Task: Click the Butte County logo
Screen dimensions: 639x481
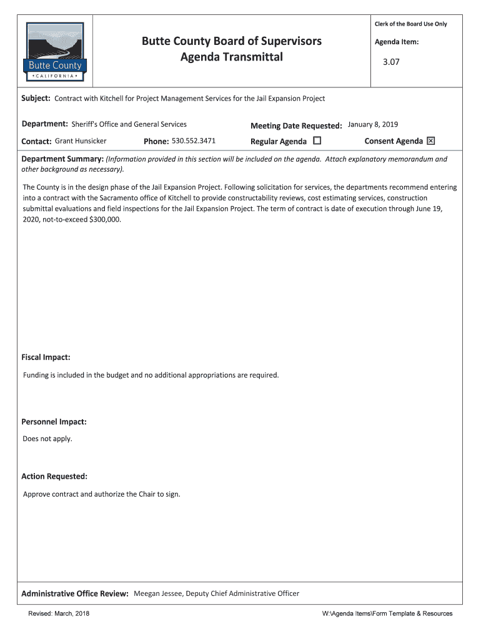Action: (x=55, y=52)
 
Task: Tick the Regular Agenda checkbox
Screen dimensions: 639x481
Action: (x=317, y=140)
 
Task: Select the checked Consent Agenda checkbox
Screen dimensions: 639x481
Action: (x=430, y=140)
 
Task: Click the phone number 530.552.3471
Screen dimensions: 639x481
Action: (x=194, y=140)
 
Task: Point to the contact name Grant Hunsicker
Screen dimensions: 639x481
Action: (x=81, y=140)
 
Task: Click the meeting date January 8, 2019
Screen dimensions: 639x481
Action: (x=373, y=124)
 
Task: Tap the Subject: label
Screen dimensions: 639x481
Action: (x=36, y=99)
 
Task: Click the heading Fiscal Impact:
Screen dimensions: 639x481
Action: (x=46, y=358)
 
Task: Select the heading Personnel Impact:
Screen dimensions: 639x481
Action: (x=54, y=422)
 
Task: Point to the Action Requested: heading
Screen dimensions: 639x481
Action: (x=54, y=477)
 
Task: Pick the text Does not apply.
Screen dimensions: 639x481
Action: (x=47, y=439)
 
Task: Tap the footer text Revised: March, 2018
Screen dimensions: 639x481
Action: (x=59, y=614)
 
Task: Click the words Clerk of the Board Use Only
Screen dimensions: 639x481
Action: (x=410, y=24)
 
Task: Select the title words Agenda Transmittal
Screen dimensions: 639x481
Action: (x=232, y=57)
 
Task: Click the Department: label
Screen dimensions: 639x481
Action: (x=44, y=124)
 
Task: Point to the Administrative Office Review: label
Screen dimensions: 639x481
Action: (x=75, y=593)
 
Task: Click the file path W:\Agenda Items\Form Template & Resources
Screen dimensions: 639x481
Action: (x=387, y=614)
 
